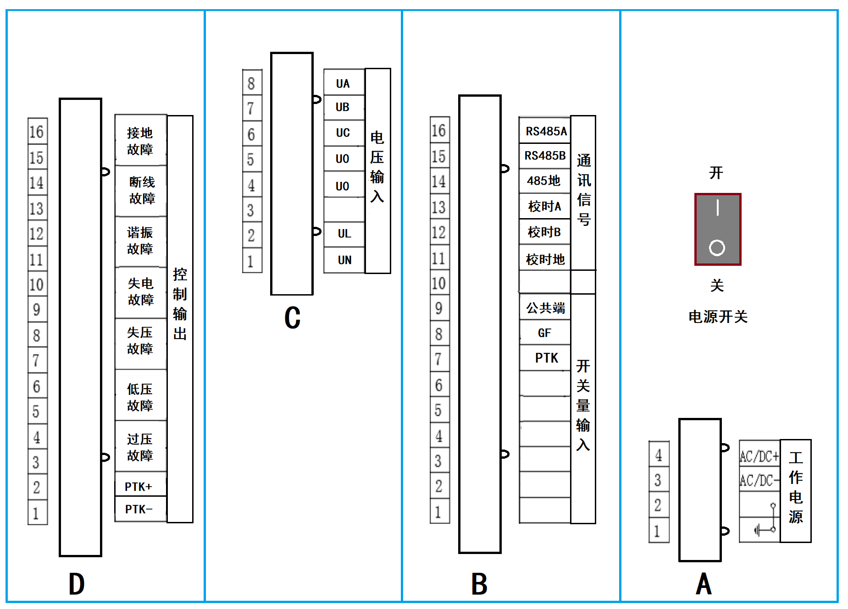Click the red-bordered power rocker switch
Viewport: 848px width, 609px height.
coord(717,229)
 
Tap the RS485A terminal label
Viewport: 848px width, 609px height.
coord(546,132)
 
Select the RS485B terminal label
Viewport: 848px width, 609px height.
coord(545,156)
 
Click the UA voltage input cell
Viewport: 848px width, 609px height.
coord(343,83)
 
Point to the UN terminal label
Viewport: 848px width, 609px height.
coord(344,260)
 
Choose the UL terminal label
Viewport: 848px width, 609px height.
coord(344,234)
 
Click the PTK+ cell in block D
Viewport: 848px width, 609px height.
coord(139,486)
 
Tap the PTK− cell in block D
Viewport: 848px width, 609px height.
coord(139,509)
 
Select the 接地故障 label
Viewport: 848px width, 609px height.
coord(140,141)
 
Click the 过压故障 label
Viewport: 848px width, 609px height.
coord(140,447)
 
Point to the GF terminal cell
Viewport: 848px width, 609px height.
coord(544,333)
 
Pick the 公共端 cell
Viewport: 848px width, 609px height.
coord(545,308)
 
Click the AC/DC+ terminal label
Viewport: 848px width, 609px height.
coord(759,456)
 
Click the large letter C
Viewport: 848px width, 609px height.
coord(292,318)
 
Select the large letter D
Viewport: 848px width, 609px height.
coord(77,584)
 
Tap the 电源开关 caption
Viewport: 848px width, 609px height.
coord(718,317)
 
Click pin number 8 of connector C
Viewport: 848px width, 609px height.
coord(251,83)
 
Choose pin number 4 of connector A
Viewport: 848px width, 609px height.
coord(659,455)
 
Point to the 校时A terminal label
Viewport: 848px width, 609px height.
coord(544,207)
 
